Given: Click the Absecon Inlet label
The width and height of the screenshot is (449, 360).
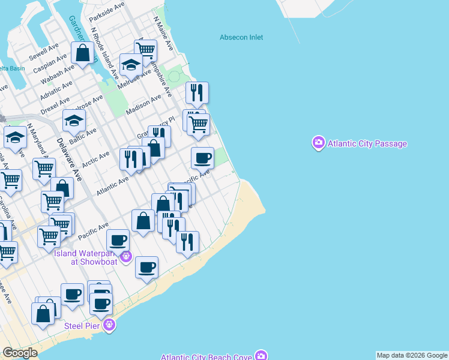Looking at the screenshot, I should pyautogui.click(x=241, y=37).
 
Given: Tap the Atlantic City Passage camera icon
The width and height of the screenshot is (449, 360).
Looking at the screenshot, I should pyautogui.click(x=318, y=143).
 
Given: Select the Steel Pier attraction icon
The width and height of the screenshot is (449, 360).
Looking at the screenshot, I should pyautogui.click(x=109, y=325).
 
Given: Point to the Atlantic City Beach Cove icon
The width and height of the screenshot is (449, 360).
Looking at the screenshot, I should pyautogui.click(x=261, y=356).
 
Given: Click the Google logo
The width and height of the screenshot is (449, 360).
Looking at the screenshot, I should pyautogui.click(x=20, y=353).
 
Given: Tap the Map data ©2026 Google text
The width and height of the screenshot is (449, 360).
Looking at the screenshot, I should pyautogui.click(x=412, y=355).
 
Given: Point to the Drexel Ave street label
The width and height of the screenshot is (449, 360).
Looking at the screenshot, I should pyautogui.click(x=56, y=106).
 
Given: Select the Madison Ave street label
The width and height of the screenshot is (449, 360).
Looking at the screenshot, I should pyautogui.click(x=144, y=105).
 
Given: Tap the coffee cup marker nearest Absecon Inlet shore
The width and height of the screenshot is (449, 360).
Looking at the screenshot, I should pyautogui.click(x=202, y=158).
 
